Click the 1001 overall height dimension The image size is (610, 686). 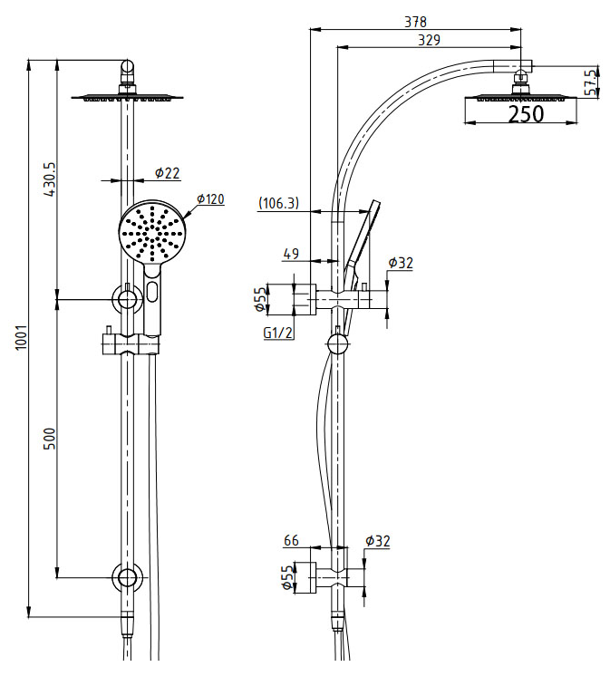(x=22, y=337)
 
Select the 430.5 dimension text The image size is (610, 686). (x=51, y=179)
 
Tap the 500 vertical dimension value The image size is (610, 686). (x=51, y=439)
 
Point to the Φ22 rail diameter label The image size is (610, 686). (x=167, y=172)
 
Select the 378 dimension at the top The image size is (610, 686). (x=415, y=21)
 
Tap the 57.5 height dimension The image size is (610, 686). (x=591, y=82)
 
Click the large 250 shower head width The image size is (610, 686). (x=525, y=114)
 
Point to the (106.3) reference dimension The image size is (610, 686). (x=279, y=203)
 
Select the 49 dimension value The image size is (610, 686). (x=290, y=256)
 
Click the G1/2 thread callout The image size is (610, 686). (x=276, y=333)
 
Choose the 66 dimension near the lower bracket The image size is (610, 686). (x=290, y=541)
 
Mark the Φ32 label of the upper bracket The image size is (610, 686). (x=400, y=264)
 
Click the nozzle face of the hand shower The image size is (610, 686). (x=152, y=232)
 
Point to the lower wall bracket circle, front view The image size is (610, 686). (x=126, y=577)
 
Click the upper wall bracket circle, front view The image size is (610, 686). (x=126, y=298)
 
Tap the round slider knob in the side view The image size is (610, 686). (x=337, y=343)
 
